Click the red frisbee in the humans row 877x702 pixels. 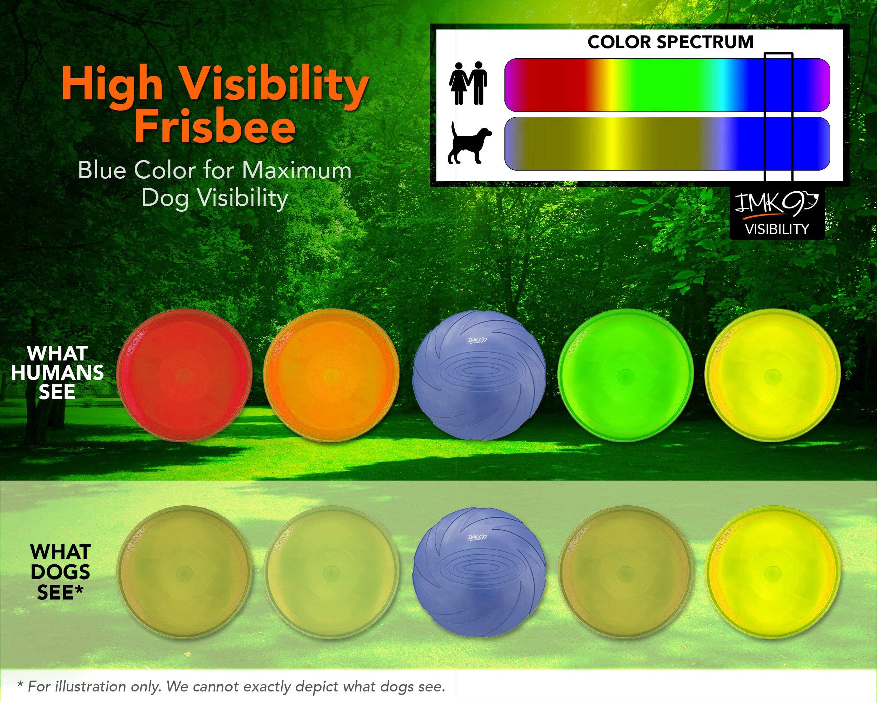184,375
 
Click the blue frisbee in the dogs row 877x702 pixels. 479,572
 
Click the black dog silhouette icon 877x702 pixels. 469,143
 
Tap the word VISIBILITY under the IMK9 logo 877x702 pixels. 777,229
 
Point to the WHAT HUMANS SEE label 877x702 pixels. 57,372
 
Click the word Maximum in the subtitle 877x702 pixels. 297,170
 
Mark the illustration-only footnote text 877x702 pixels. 231,687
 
